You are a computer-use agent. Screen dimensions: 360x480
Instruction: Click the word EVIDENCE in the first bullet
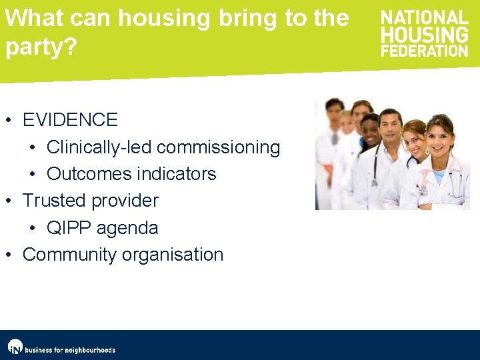tap(70, 120)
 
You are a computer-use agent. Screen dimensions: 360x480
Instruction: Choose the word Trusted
tap(54, 201)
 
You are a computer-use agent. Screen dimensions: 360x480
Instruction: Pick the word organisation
tap(175, 255)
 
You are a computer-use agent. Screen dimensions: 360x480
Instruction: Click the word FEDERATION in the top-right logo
tap(424, 50)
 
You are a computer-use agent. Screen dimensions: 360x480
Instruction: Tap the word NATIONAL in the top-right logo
tap(424, 17)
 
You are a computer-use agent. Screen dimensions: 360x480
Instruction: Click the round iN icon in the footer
tap(15, 347)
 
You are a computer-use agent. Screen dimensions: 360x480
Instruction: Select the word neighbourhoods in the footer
tap(89, 350)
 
